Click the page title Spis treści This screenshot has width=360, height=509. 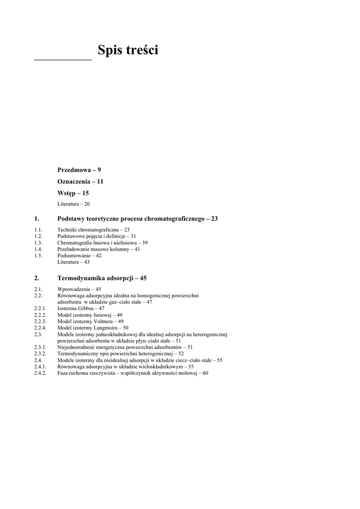[x=128, y=51]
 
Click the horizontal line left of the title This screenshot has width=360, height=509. [x=63, y=60]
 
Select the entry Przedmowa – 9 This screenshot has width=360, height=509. [x=79, y=170]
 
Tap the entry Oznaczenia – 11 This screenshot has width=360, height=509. [x=81, y=181]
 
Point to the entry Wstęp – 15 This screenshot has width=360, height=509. [x=73, y=193]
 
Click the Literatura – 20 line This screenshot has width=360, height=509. [x=74, y=204]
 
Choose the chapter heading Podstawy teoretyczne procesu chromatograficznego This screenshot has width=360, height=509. [x=137, y=219]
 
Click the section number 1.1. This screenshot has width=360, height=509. [x=39, y=230]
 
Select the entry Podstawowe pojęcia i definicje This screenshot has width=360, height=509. [x=96, y=236]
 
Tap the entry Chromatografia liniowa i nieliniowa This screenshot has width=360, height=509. [x=102, y=243]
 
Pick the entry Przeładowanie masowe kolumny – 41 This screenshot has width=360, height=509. [x=98, y=249]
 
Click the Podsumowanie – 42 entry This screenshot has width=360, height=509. [x=80, y=255]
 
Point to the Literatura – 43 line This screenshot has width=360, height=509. [x=74, y=262]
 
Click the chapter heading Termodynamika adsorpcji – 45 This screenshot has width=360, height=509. [x=102, y=278]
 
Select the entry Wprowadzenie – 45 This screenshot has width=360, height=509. [x=80, y=289]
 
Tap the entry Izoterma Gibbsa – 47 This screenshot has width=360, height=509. [x=81, y=308]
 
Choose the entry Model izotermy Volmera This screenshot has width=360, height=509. [x=90, y=321]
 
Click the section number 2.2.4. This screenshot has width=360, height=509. [x=40, y=328]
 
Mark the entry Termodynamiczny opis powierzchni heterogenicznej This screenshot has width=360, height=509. [x=120, y=353]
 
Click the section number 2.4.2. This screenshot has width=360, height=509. [x=40, y=373]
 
